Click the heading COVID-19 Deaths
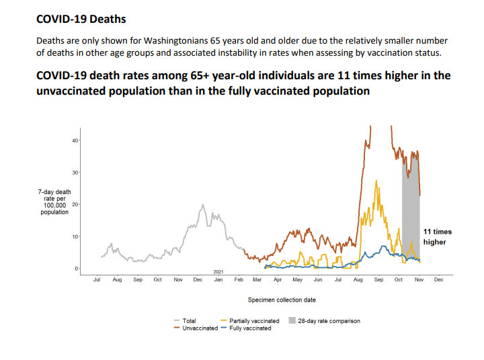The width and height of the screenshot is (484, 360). coord(81,19)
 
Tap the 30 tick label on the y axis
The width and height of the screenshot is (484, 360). coord(75,173)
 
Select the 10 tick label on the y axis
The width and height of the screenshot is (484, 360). coord(75,236)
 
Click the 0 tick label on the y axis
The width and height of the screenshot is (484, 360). coord(76,269)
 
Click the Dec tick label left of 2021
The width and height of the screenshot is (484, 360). coord(198,279)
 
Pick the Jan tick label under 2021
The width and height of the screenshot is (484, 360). coord(218,279)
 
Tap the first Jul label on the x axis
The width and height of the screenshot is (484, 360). coord(97,279)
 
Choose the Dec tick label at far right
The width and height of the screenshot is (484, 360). coord(439,279)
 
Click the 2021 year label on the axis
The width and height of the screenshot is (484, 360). coord(218,271)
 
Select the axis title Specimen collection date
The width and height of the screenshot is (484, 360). coord(282,300)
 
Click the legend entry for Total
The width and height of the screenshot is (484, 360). coord(189,321)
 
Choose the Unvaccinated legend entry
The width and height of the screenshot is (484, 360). coord(200,328)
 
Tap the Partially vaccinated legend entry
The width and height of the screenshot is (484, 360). coord(253,321)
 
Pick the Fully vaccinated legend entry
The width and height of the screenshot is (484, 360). coord(249,328)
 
